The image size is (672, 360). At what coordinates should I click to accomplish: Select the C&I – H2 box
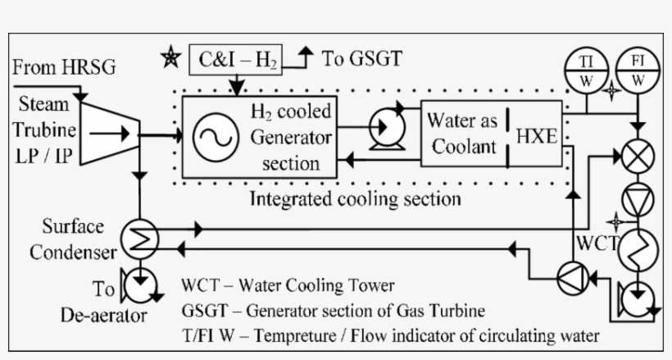coord(236,59)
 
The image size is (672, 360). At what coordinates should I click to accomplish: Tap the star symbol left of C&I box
coord(170,58)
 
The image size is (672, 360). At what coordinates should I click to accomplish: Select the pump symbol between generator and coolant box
coord(381,128)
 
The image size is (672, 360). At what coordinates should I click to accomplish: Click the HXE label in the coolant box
coord(535,138)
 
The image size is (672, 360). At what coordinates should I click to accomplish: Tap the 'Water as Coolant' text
coord(462,133)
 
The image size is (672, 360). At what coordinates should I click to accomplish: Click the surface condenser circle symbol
coord(140,238)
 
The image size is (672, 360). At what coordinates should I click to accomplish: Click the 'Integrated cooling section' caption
coord(355,198)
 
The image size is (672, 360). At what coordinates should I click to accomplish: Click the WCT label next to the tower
coord(596,244)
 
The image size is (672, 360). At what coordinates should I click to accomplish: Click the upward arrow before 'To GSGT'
coord(306,57)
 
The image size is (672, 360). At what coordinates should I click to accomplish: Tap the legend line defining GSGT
coord(333,311)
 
